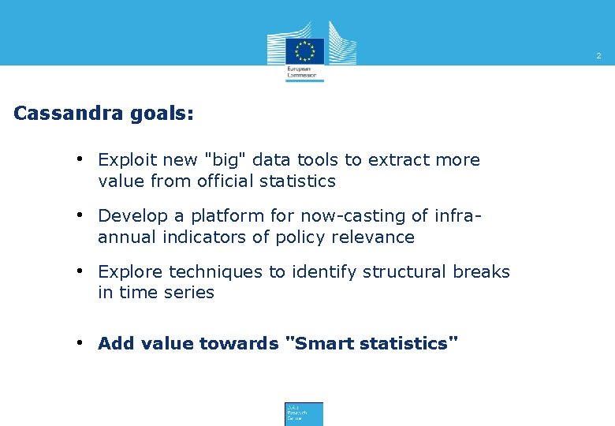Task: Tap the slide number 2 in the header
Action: [x=598, y=56]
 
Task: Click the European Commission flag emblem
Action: [x=304, y=50]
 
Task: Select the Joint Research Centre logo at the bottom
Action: [x=304, y=413]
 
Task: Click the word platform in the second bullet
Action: [x=209, y=216]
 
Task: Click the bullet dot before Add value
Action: [x=81, y=343]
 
